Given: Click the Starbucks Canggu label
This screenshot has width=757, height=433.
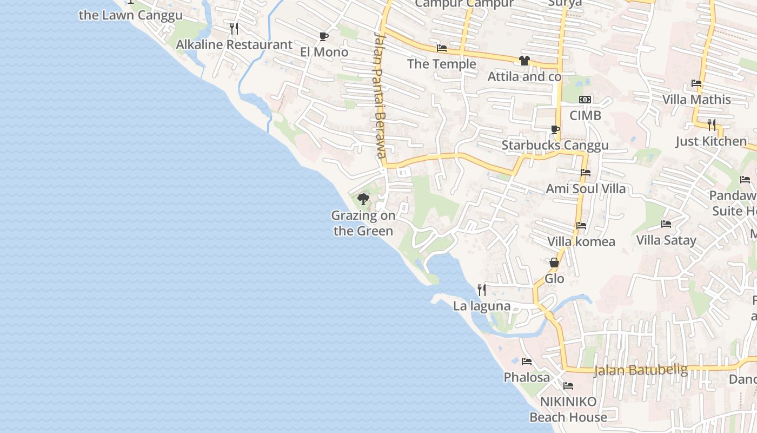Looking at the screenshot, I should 555,145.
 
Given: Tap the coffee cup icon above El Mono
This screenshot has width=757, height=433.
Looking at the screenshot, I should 323,36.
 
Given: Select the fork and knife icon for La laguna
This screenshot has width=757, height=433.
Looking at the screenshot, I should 482,290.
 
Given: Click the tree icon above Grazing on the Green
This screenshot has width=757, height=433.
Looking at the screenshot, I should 363,199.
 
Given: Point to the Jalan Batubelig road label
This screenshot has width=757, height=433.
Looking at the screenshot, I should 641,370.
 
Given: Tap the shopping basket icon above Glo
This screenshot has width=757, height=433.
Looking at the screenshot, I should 554,263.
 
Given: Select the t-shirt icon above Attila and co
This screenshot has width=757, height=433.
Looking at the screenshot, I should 524,61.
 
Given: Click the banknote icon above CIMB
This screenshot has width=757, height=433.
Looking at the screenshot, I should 585,100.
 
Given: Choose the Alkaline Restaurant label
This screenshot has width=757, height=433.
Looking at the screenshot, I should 234,44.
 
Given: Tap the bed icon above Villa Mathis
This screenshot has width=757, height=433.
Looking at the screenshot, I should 696,83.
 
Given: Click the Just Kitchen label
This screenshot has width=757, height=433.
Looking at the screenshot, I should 711,141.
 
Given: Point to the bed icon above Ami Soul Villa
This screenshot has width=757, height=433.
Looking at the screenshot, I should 586,173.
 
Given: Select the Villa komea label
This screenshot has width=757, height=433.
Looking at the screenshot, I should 581,241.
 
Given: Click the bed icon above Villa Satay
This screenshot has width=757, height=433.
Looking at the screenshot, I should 666,224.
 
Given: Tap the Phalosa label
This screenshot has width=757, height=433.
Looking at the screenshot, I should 527,377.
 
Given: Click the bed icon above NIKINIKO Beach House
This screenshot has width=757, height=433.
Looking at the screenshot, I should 568,386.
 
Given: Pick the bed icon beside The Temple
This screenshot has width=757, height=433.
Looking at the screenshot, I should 442,48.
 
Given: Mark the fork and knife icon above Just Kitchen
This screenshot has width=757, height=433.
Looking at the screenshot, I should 712,125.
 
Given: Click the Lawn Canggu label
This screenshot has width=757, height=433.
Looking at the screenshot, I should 131,15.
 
